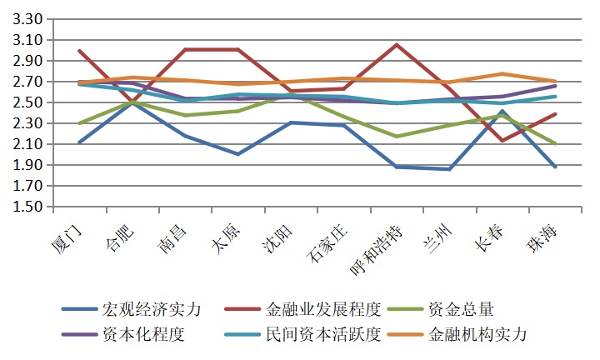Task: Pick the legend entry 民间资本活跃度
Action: tap(323, 335)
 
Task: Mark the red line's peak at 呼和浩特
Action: tap(397, 45)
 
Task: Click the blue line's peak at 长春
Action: tap(502, 111)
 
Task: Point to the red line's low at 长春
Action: tap(502, 140)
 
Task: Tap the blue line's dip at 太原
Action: tap(239, 154)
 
